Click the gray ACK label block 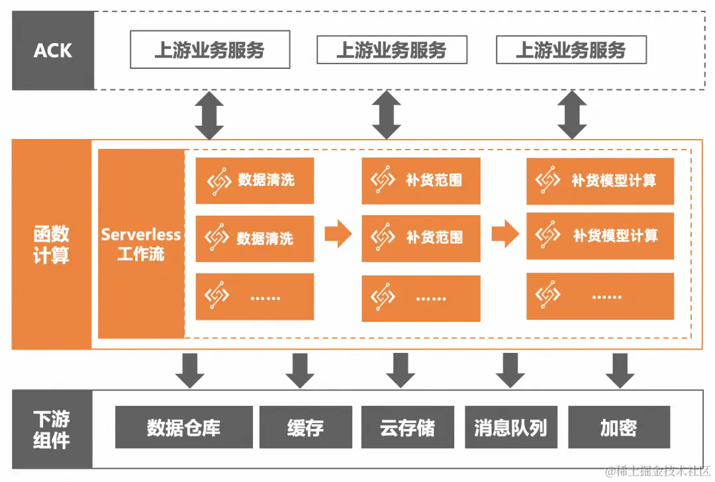(52, 50)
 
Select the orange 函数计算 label (51, 245)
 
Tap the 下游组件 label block (52, 429)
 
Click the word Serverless (141, 234)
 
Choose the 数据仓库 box (183, 428)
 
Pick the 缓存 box (305, 428)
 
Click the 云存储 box (407, 428)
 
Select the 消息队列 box (510, 428)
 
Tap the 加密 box (618, 428)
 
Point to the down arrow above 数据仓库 (190, 371)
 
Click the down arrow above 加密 (620, 371)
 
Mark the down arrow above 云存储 (400, 371)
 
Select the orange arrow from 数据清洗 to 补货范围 (338, 234)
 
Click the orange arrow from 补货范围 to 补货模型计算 (505, 234)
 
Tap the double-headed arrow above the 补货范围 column (387, 115)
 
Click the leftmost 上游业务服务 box (209, 50)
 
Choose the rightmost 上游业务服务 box (571, 50)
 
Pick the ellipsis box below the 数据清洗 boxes (255, 297)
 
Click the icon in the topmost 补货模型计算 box (548, 180)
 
